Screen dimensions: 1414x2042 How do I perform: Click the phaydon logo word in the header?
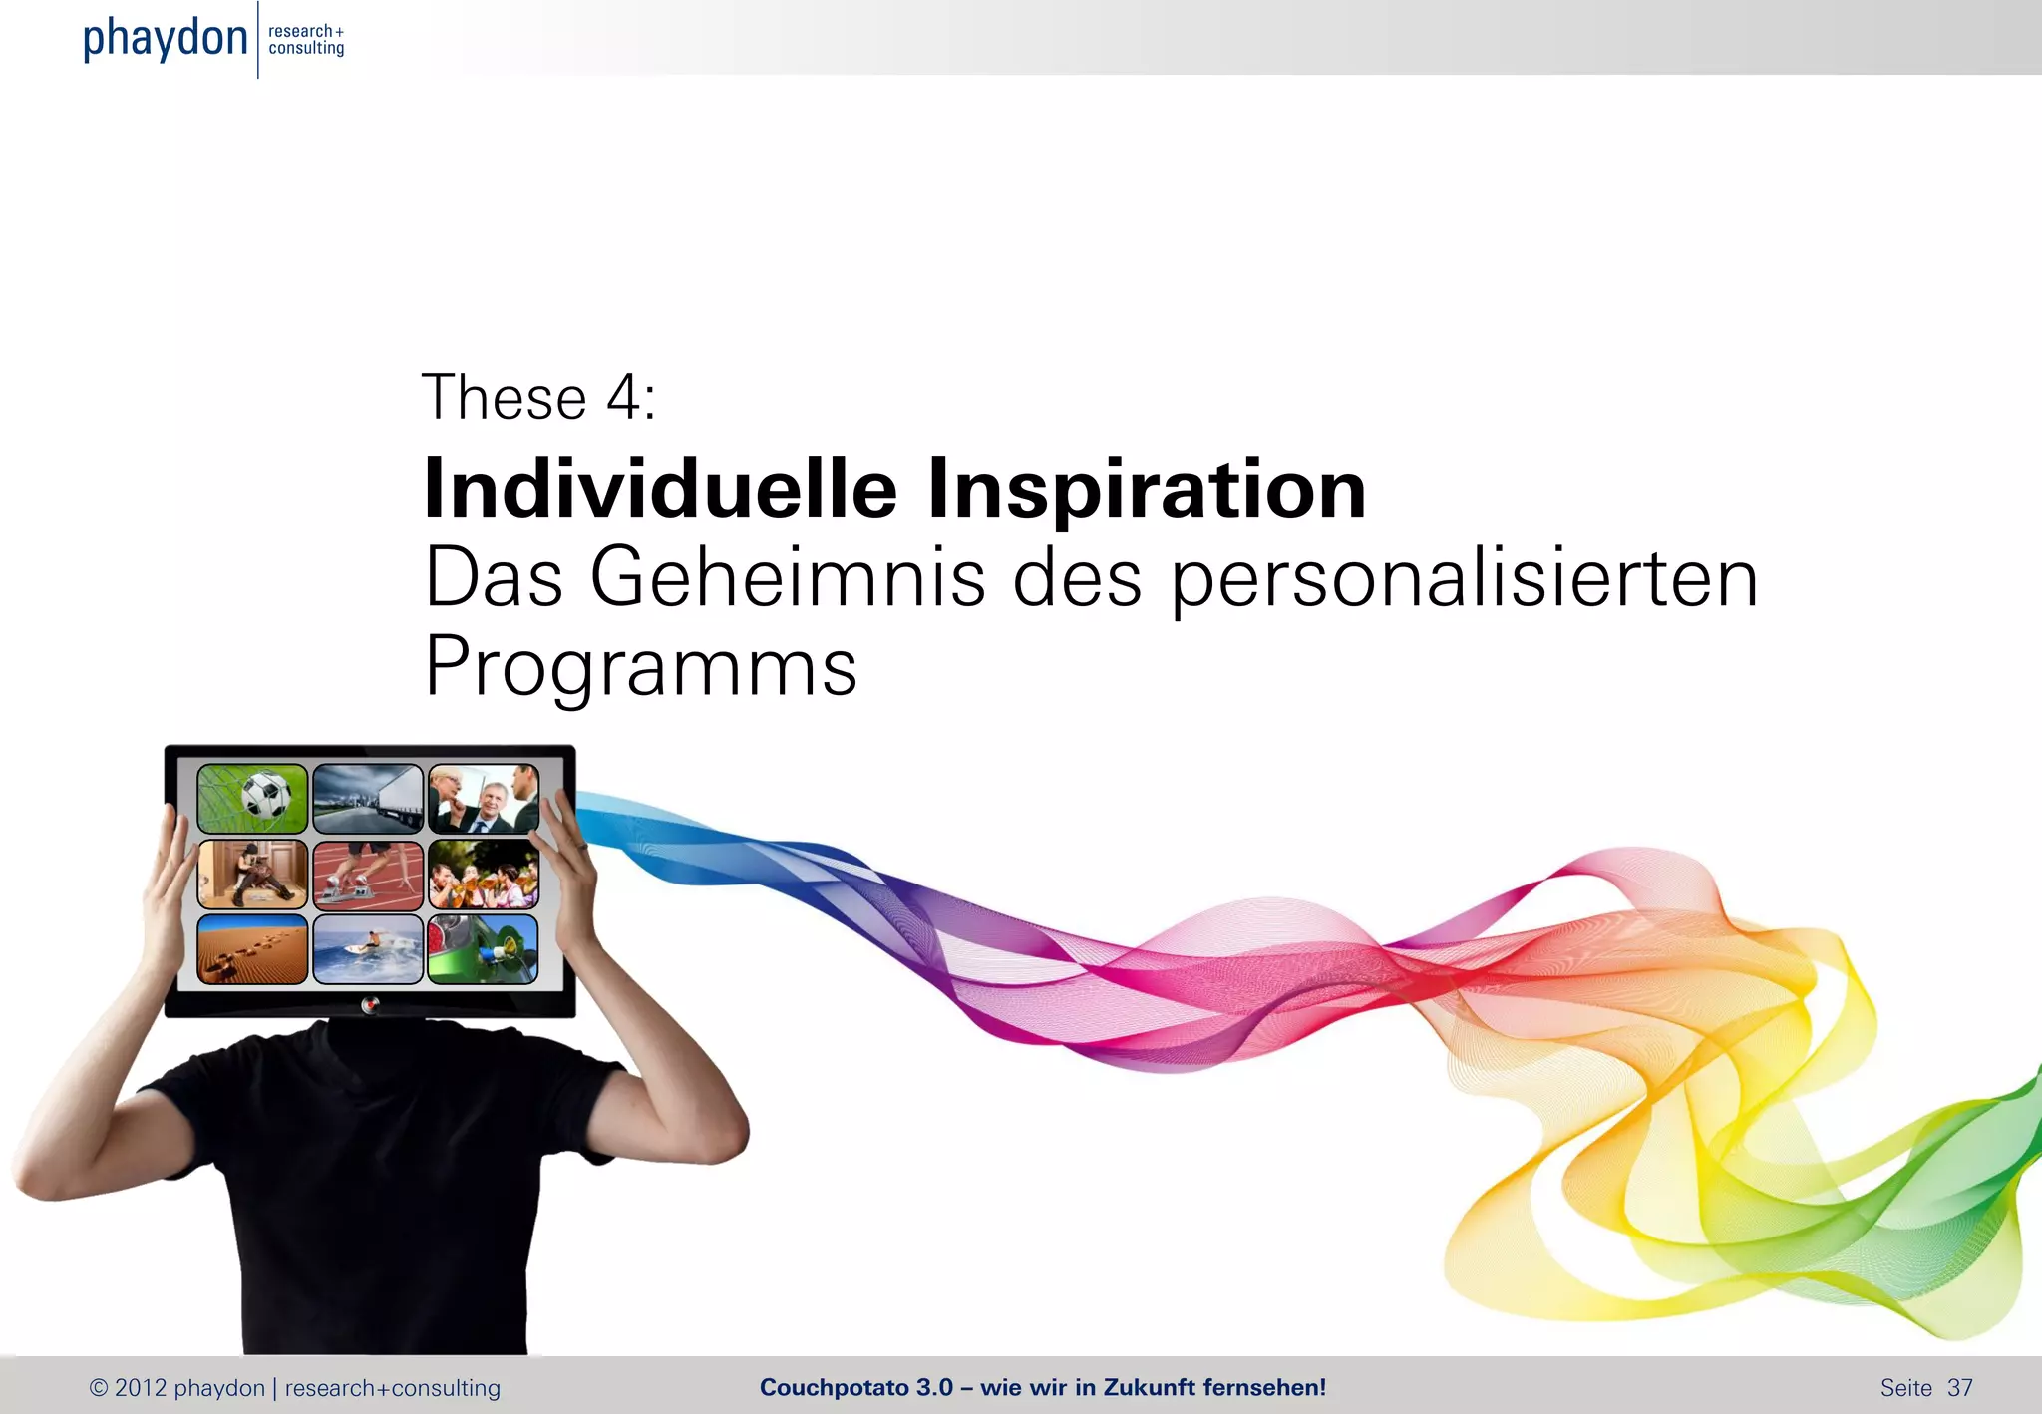(x=165, y=38)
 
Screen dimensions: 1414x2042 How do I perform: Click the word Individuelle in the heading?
(x=660, y=489)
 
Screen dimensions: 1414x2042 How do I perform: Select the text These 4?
(x=538, y=397)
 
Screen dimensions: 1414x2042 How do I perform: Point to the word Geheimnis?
(x=788, y=577)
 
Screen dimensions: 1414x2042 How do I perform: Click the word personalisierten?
(x=1464, y=577)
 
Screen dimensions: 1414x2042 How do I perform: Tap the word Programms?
(x=640, y=666)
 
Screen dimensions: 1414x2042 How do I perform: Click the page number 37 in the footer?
(x=1959, y=1387)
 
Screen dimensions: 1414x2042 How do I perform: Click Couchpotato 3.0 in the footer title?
(x=855, y=1387)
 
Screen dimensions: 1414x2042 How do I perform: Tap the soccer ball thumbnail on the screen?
(x=252, y=799)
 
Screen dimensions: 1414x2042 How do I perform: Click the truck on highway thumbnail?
(x=368, y=799)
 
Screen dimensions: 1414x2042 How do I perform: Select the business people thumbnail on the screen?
(x=484, y=799)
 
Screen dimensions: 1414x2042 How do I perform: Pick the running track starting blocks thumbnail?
(x=368, y=875)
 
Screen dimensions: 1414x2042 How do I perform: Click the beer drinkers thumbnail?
(x=484, y=875)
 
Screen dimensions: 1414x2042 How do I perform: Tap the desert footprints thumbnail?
(x=252, y=949)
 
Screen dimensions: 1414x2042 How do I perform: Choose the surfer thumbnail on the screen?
(x=368, y=949)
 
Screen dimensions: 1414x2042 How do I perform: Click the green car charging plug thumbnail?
(x=484, y=949)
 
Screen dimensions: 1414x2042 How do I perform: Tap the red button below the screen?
(x=370, y=1004)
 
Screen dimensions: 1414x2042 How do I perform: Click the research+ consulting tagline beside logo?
(x=306, y=40)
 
